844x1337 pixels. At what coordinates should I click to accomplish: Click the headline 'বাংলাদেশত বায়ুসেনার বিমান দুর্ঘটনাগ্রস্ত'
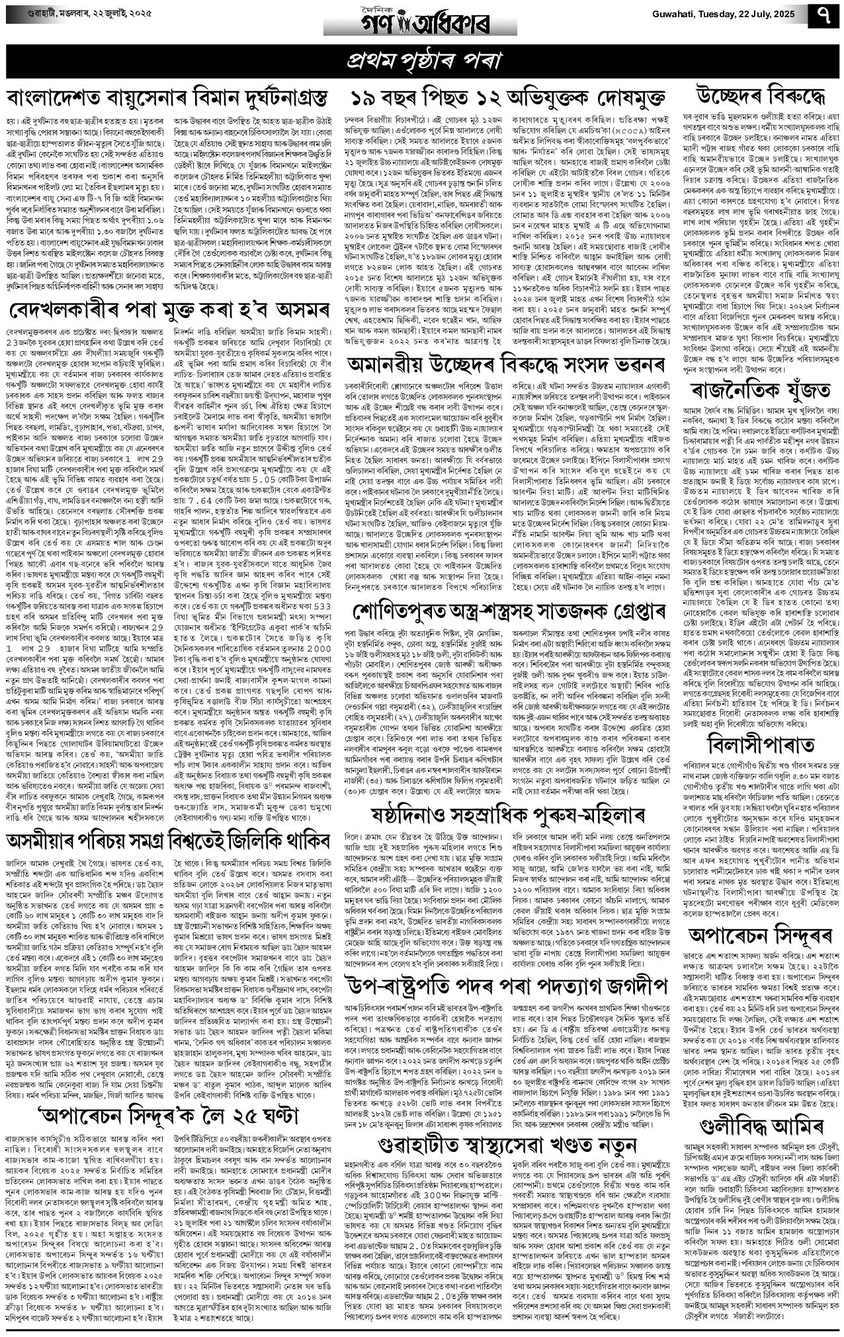coord(168,98)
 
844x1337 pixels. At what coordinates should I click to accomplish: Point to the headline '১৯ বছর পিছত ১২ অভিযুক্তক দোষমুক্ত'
coord(507,98)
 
